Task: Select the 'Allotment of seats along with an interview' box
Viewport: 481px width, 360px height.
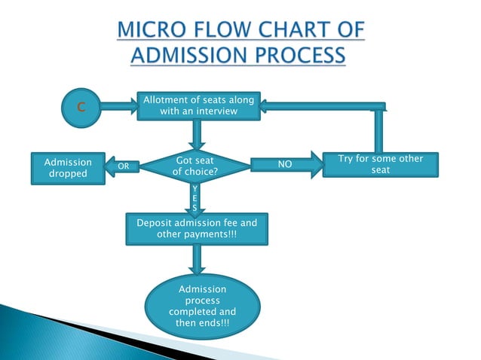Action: point(199,106)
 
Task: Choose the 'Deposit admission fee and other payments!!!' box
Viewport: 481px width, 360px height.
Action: point(196,229)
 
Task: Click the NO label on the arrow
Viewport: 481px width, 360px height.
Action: point(285,163)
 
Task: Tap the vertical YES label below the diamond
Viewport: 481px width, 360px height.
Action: point(195,197)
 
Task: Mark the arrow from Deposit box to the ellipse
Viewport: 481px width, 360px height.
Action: point(196,260)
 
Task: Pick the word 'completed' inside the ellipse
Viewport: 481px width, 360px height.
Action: point(202,312)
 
